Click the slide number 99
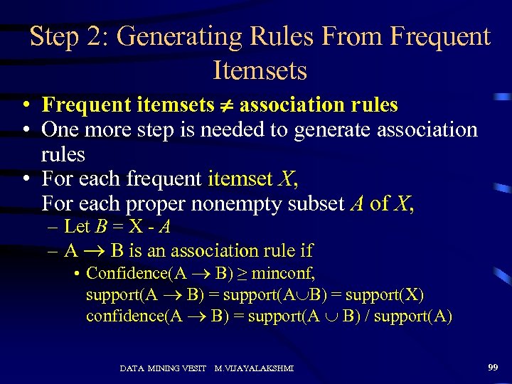493,367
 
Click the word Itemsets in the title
260,70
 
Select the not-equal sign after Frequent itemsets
226,106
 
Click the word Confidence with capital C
124,273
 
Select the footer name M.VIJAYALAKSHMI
254,368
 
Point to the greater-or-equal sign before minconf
245,273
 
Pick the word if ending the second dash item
306,250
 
